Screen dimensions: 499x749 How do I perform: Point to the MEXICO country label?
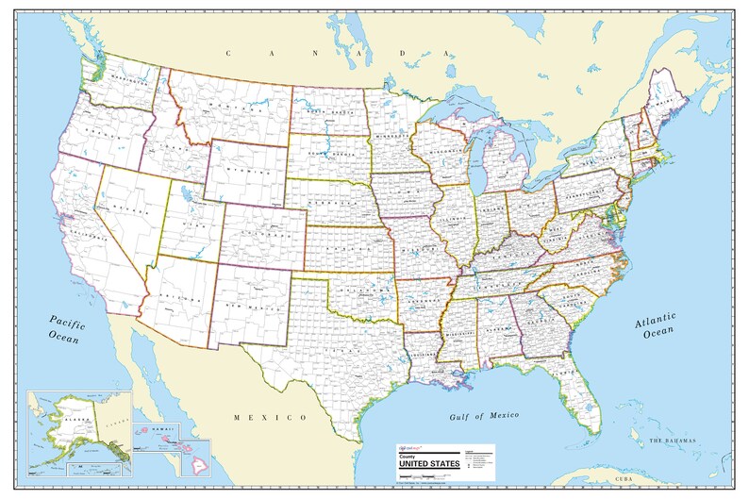(x=272, y=416)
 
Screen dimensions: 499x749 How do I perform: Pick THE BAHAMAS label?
(x=671, y=441)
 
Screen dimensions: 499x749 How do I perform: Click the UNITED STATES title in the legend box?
(x=428, y=462)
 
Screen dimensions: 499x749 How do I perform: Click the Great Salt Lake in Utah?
(x=185, y=200)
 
